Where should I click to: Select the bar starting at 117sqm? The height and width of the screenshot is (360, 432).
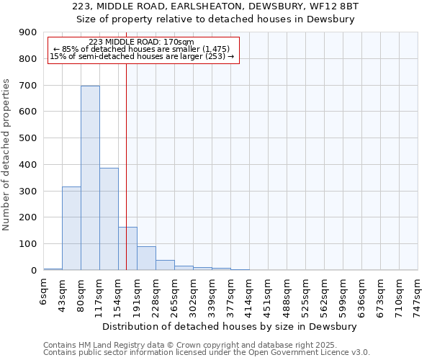pyautogui.click(x=109, y=219)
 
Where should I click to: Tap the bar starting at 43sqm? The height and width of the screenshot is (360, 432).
pyautogui.click(x=71, y=228)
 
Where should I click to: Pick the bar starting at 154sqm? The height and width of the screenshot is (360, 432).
pyautogui.click(x=127, y=248)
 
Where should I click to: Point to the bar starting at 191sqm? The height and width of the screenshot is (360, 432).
pyautogui.click(x=146, y=258)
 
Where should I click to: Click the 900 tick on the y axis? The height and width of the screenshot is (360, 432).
pyautogui.click(x=28, y=32)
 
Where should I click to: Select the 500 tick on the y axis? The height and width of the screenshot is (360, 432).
pyautogui.click(x=28, y=138)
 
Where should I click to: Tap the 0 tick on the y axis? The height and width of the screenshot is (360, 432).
pyautogui.click(x=33, y=270)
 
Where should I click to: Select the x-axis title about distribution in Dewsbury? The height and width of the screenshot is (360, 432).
pyautogui.click(x=230, y=326)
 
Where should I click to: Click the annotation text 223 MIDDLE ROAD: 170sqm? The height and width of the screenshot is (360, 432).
pyautogui.click(x=142, y=42)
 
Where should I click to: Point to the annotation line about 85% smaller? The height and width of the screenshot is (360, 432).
pyautogui.click(x=142, y=49)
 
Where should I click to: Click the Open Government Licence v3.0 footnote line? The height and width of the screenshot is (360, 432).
pyautogui.click(x=207, y=353)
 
